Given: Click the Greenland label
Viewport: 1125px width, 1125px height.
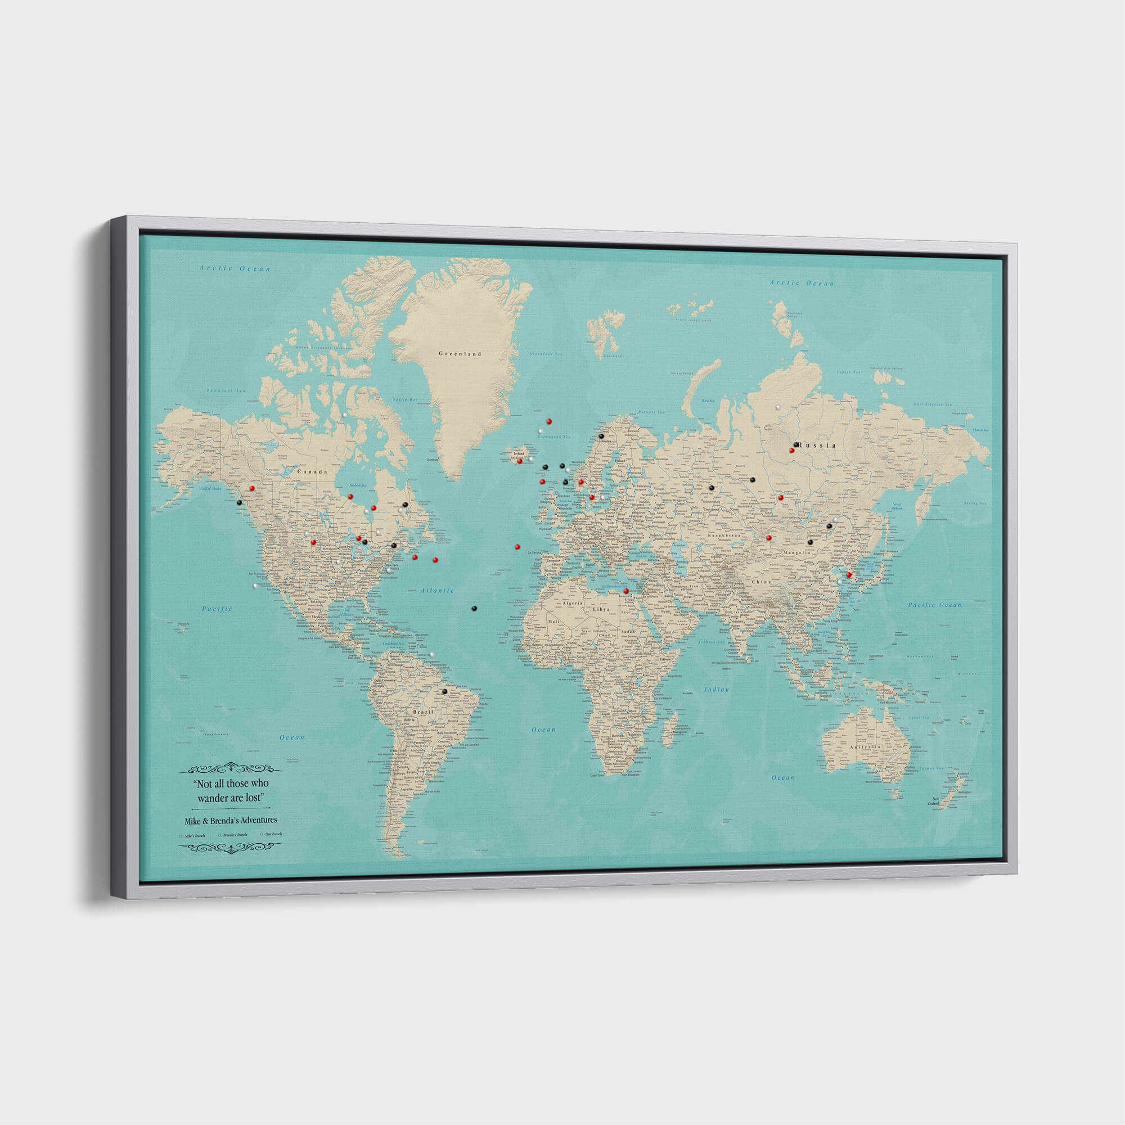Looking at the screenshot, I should pos(460,353).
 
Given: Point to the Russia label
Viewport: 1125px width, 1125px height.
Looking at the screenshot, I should pos(817,445).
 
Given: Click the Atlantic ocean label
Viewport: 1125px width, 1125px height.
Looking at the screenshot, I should pos(436,591).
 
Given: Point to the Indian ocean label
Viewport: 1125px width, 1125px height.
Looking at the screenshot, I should pos(716,690).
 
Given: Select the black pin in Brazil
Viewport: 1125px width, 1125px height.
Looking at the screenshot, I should pos(444,691).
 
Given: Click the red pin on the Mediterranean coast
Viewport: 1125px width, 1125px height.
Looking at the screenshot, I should pos(626,591).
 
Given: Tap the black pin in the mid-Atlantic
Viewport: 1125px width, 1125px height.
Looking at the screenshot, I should pos(474,608).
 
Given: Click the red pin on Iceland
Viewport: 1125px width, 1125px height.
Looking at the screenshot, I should pos(519,461).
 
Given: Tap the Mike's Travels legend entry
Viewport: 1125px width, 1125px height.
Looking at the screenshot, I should pos(194,835).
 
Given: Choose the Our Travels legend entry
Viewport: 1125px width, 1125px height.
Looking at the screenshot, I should pos(271,834).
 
